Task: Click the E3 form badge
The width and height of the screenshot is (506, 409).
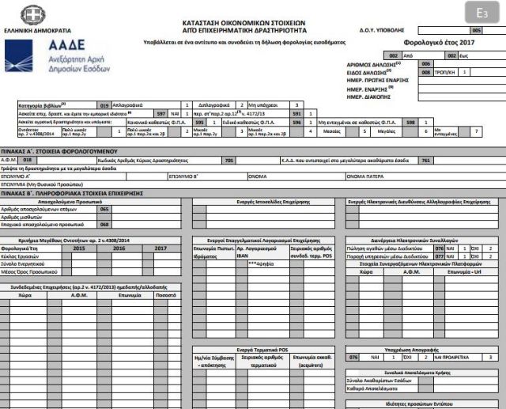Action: (x=482, y=13)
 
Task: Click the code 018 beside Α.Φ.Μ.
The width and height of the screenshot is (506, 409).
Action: (x=28, y=159)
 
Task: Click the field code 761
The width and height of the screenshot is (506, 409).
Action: (x=425, y=159)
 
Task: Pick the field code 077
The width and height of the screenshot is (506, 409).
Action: (x=440, y=256)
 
